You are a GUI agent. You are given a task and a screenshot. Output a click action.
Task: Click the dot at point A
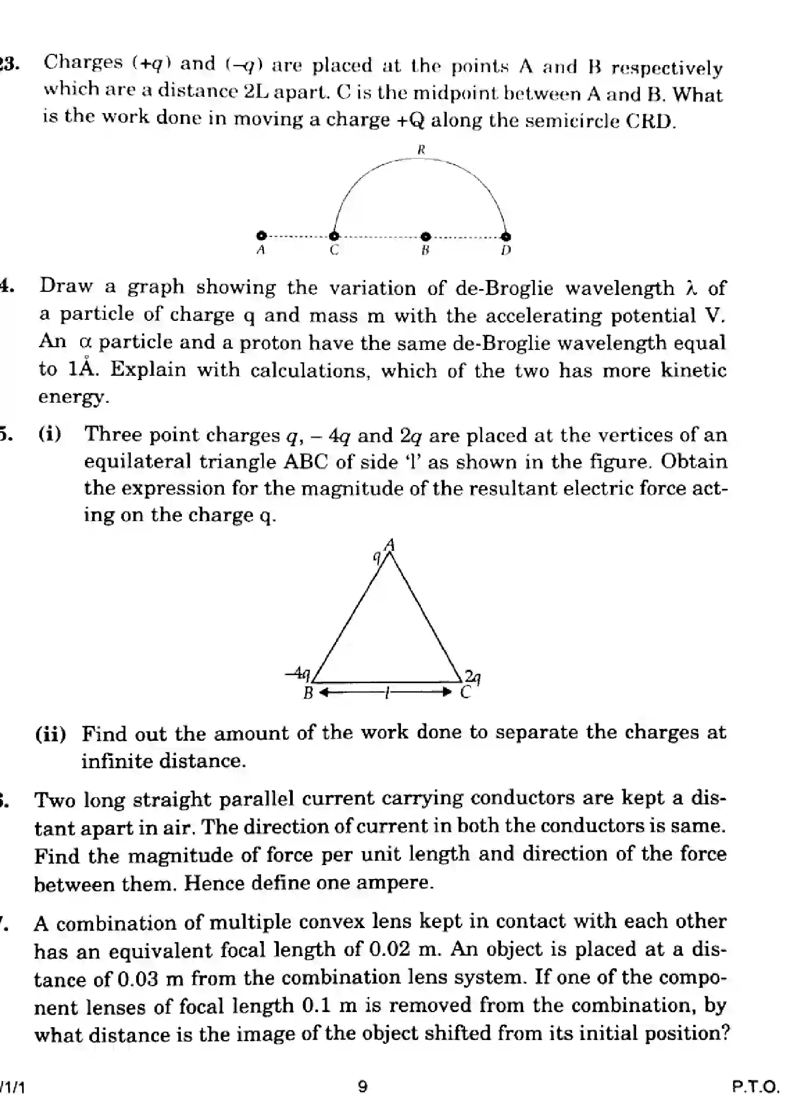(262, 235)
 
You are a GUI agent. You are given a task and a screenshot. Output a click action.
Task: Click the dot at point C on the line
(334, 236)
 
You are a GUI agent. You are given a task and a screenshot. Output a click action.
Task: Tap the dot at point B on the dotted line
(426, 236)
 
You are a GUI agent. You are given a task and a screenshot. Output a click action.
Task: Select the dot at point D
(506, 236)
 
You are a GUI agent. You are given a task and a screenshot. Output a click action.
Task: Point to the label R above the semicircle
(421, 150)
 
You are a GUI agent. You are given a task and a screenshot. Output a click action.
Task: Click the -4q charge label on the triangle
(298, 673)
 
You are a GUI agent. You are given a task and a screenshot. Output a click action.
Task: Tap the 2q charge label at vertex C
(473, 676)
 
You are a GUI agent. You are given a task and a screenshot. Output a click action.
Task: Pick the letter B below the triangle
(308, 693)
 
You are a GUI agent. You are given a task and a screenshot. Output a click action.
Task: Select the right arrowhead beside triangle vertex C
(446, 692)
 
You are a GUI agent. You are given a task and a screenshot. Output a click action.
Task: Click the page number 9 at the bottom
(363, 1083)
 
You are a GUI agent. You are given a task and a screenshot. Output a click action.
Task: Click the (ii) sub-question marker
(51, 734)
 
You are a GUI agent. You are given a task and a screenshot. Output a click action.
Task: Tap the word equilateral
(137, 462)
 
